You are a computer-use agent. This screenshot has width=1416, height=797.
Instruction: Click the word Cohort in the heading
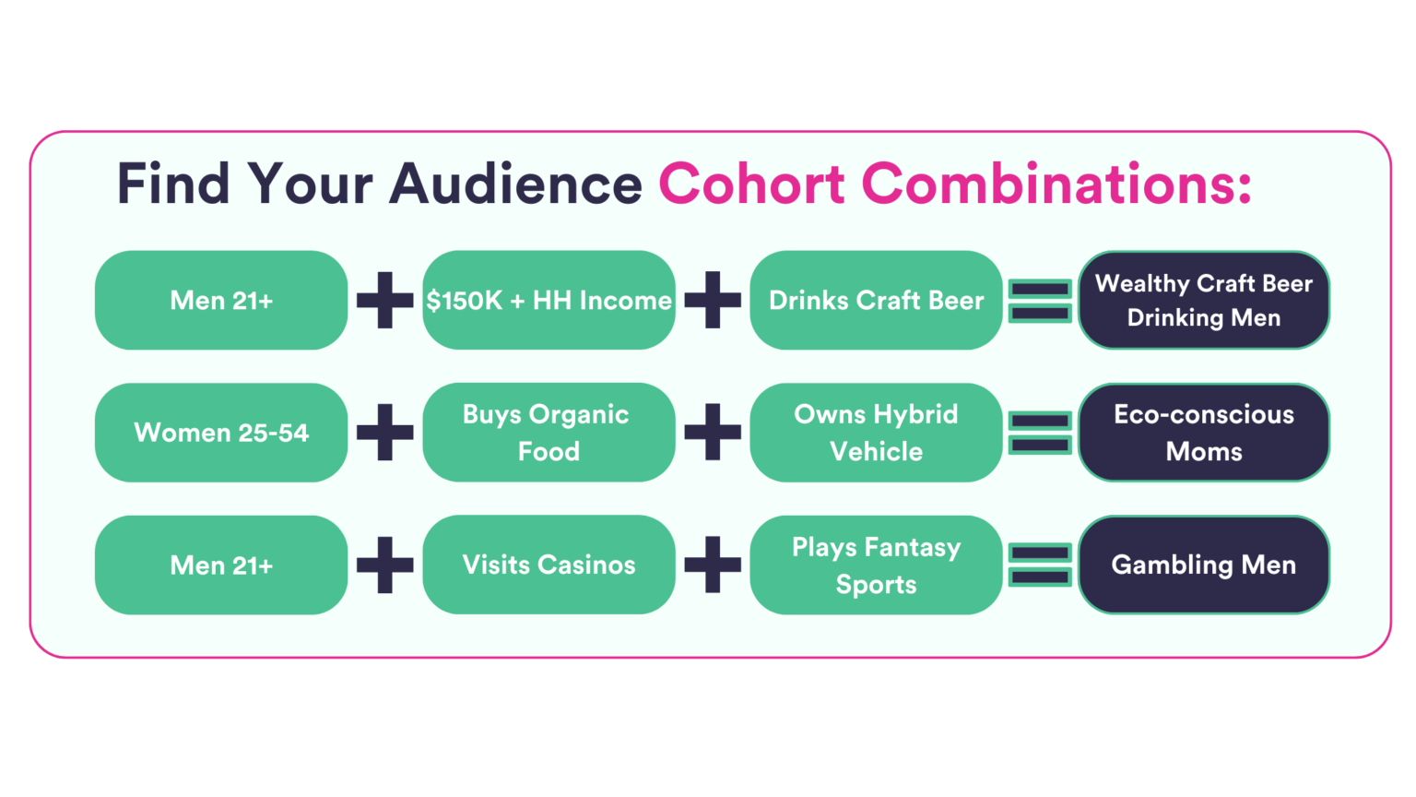pos(751,184)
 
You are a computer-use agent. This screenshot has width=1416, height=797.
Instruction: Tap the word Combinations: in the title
pos(1056,184)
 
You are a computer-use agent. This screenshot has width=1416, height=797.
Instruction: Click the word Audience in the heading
pos(515,184)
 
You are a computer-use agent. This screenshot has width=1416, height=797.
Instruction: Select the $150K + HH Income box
pos(549,300)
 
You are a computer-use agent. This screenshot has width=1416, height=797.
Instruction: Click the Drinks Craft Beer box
pos(876,300)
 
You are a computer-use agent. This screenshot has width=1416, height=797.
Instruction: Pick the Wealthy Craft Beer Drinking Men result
pos(1204,300)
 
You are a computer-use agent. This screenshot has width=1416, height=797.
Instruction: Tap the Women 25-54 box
pos(221,433)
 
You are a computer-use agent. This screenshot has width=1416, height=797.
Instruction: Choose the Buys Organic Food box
pos(549,433)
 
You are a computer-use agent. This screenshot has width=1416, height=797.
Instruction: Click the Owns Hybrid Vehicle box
pos(876,433)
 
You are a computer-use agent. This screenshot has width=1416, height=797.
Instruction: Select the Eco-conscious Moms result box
pos(1204,433)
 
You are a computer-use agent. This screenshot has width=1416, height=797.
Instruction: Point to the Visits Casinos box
pos(549,565)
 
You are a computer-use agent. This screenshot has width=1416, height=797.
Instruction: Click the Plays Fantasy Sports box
pos(876,565)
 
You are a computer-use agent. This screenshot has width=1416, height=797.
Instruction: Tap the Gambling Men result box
pos(1204,565)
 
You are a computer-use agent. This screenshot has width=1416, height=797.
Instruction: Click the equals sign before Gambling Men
pos(1040,553)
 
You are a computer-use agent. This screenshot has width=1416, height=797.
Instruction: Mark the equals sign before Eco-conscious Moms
pos(1040,422)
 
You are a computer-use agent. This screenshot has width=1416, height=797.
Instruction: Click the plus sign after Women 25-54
pos(385,432)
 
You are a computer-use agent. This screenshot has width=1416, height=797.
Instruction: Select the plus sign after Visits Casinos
pos(713,565)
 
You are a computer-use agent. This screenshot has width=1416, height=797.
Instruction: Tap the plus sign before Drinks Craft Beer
pos(713,300)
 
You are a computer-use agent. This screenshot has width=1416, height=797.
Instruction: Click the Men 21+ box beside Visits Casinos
pos(221,565)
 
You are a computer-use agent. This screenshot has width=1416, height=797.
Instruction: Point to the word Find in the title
pos(172,184)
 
